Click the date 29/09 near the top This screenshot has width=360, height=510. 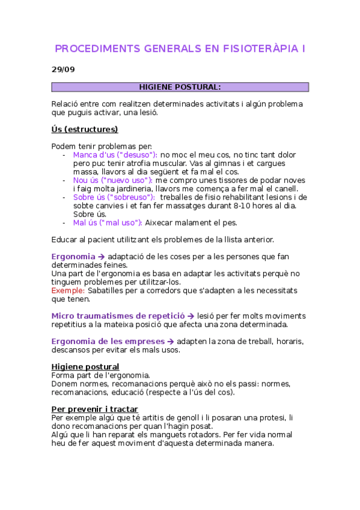coord(63,69)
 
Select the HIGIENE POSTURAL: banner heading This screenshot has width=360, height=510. coord(180,87)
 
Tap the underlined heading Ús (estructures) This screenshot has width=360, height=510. coord(85,129)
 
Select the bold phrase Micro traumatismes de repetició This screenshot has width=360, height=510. coord(118,316)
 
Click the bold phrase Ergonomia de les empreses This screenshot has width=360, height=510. coord(105,342)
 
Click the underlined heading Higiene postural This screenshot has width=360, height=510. coord(85,367)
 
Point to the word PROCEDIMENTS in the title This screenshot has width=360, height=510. coord(96,48)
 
